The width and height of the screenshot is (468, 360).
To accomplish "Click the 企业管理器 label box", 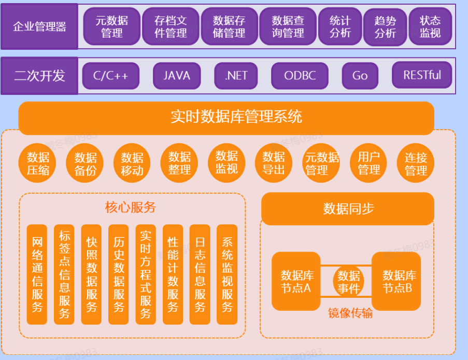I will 39,26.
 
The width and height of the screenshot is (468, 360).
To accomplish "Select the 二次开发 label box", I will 39,76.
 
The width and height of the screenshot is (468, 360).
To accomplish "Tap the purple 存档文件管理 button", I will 171,26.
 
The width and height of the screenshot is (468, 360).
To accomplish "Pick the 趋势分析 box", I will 385,27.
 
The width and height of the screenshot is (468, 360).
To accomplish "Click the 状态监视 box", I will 430,26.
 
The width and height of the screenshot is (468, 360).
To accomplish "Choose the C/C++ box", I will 110,76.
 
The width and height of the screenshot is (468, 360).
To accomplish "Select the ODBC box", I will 300,76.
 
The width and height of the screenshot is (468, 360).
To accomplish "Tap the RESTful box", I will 422,75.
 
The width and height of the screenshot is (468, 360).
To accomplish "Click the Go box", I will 360,76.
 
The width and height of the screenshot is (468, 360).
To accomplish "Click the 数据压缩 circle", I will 38,163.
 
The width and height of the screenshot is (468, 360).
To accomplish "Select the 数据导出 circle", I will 274,163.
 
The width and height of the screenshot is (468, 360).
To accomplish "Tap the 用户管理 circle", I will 369,163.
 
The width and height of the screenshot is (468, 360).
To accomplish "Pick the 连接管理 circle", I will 416,163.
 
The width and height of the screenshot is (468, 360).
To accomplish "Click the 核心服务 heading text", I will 130,208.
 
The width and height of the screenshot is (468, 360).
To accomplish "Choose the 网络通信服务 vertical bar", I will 37,275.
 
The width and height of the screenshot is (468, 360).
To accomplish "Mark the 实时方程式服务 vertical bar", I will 146,275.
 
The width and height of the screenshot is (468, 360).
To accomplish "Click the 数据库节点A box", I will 296,281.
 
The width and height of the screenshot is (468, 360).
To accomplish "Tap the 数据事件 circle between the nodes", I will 348,282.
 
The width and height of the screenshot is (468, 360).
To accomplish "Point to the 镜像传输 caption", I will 350,313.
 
